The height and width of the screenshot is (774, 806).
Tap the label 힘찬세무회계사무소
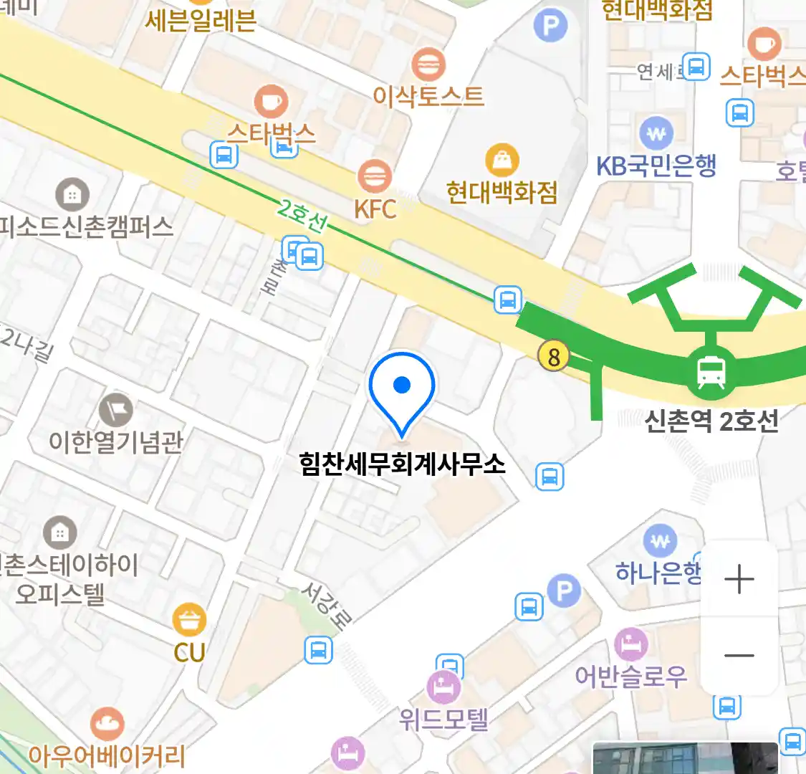coord(403,464)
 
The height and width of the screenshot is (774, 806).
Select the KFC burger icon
coord(374,177)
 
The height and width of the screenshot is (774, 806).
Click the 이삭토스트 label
coord(428,96)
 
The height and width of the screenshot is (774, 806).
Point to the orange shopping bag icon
coord(502,160)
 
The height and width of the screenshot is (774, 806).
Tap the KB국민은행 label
coord(656,166)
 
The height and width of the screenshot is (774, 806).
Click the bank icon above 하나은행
coord(660,541)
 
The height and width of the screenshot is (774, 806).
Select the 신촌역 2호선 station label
coord(711,421)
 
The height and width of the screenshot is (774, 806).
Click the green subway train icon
coord(711,372)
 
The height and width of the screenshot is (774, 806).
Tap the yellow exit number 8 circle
coord(553,355)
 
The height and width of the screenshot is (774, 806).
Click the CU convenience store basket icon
coord(189,620)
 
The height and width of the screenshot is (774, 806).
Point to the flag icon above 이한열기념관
coord(116,410)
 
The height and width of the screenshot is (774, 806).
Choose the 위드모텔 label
coord(444,718)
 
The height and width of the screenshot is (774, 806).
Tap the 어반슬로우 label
coord(630,676)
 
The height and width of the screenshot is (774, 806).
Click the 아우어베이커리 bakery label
coord(107,755)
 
